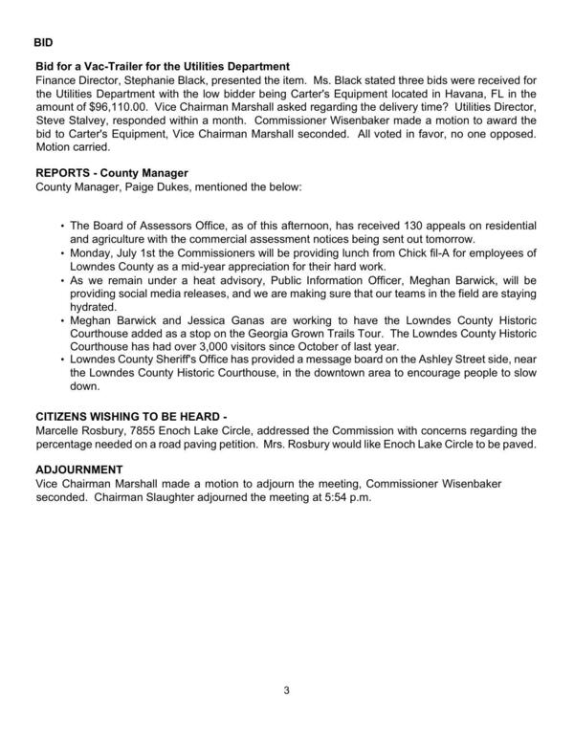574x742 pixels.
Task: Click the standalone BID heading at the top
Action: click(43, 43)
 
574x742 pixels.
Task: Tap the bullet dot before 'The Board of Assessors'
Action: click(62, 225)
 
